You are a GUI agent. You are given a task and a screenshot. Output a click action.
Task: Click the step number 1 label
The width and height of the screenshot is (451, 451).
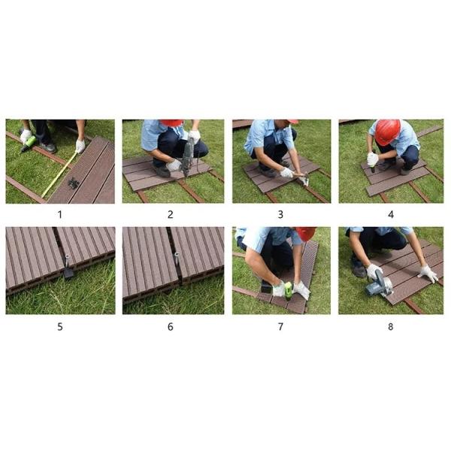click(60, 214)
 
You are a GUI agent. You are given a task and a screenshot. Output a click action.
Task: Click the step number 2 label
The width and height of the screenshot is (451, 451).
click(171, 214)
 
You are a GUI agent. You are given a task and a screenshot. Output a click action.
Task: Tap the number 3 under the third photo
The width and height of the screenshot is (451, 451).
click(280, 214)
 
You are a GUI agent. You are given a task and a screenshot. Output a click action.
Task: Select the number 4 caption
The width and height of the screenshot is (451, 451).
click(390, 214)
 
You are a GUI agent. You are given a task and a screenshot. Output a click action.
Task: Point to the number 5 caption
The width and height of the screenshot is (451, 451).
click(60, 326)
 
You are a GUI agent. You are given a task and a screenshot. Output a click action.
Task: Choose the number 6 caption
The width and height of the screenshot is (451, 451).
click(171, 326)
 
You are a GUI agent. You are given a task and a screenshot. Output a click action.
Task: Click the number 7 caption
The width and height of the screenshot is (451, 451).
click(280, 326)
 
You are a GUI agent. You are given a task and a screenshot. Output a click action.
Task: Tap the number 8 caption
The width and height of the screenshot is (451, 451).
click(390, 326)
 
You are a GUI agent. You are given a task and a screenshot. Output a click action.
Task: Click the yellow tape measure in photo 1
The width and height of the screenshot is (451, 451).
click(59, 175)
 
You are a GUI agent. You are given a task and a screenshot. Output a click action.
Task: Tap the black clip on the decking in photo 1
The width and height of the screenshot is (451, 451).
click(74, 183)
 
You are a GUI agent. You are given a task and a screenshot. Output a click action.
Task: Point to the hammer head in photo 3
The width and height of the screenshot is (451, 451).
click(304, 180)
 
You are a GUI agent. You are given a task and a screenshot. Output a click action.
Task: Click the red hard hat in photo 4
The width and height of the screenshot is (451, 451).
click(387, 132)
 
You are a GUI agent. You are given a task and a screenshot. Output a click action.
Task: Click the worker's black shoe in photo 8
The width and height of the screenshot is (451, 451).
click(359, 267)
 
